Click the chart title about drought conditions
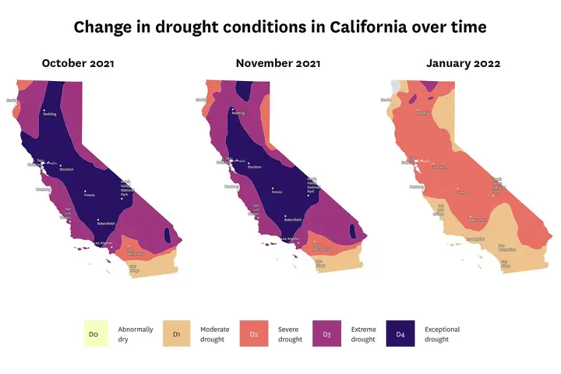pyautogui.click(x=280, y=27)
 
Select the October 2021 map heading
pyautogui.click(x=78, y=63)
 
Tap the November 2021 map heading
pyautogui.click(x=277, y=63)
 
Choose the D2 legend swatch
pyautogui.click(x=253, y=334)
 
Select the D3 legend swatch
pyautogui.click(x=326, y=334)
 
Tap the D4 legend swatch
pyautogui.click(x=400, y=334)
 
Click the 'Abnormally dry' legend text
pyautogui.click(x=136, y=334)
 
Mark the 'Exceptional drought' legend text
pyautogui.click(x=443, y=334)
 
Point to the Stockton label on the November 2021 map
pyautogui.click(x=254, y=167)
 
